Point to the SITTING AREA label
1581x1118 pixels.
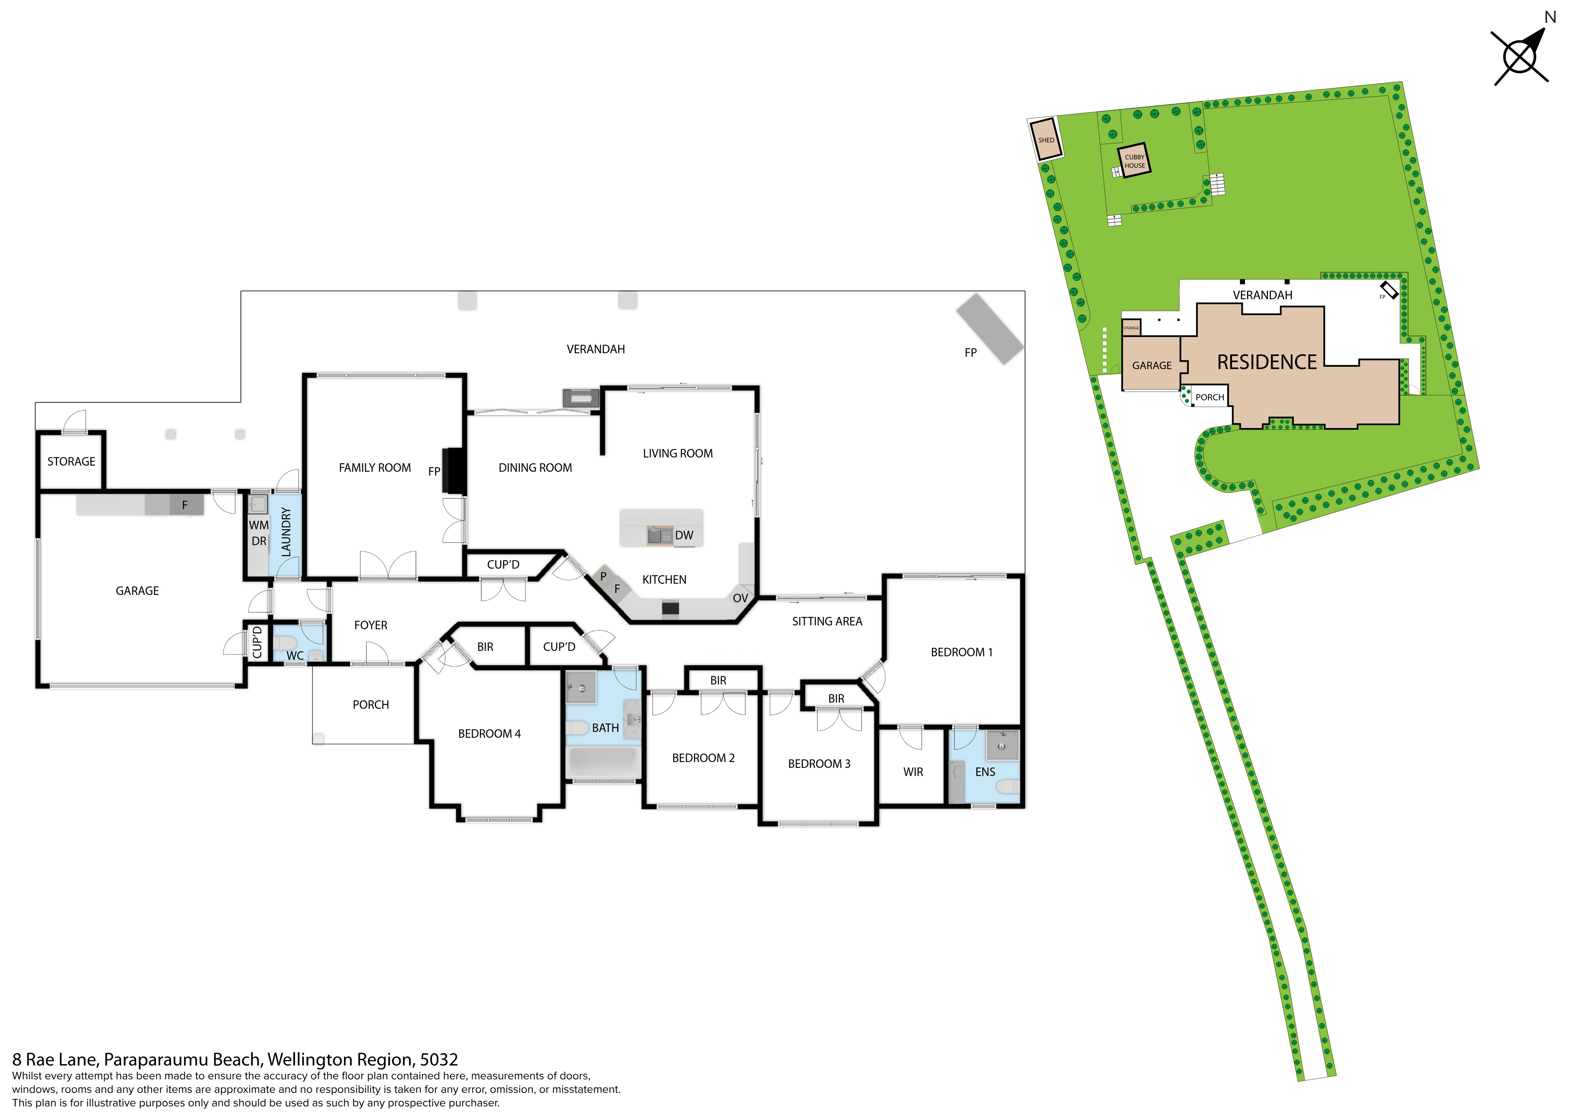pos(827,621)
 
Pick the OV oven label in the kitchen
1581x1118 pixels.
pos(740,598)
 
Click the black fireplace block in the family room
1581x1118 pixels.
pos(455,471)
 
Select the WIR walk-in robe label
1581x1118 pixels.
pos(913,772)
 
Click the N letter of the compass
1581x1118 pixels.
pos(1551,17)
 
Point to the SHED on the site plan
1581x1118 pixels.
pos(1046,140)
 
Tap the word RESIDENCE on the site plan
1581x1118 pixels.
pos(1267,363)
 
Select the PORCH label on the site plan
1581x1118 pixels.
pos(1210,398)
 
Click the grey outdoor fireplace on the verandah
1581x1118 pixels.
pos(990,329)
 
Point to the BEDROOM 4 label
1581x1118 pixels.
pos(489,733)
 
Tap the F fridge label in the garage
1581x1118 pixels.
pos(185,505)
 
